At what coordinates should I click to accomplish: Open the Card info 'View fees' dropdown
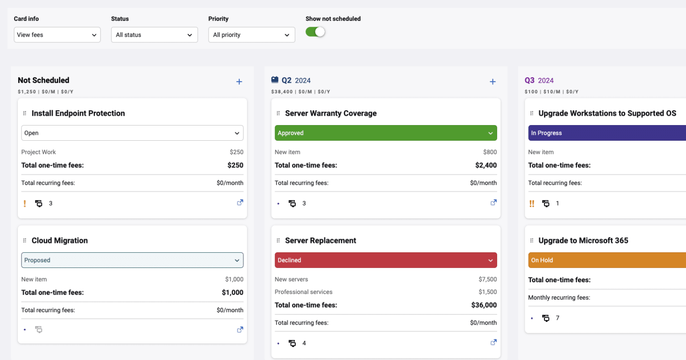[x=57, y=35]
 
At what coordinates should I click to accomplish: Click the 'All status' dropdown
[x=154, y=35]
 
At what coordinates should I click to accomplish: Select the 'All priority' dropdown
[x=251, y=35]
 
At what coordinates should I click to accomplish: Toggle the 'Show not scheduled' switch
[x=315, y=32]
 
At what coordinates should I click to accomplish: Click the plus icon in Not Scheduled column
[x=239, y=82]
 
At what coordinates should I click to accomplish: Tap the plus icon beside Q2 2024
[x=493, y=82]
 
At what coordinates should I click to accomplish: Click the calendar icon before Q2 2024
[x=275, y=80]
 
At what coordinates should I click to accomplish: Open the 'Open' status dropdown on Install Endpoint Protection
[x=132, y=133]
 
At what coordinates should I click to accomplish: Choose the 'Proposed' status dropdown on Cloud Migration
[x=132, y=260]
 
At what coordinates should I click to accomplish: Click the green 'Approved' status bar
[x=385, y=133]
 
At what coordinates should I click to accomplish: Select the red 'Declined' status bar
[x=385, y=260]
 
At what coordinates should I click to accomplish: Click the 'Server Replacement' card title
[x=320, y=241]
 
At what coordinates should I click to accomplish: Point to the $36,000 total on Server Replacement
[x=484, y=305]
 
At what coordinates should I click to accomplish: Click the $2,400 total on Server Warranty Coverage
[x=486, y=165]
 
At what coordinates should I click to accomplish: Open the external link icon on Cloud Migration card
[x=240, y=330]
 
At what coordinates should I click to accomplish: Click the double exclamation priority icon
[x=532, y=204]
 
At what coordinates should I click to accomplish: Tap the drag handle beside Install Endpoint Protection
[x=25, y=113]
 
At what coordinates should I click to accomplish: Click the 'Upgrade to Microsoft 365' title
[x=583, y=241]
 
